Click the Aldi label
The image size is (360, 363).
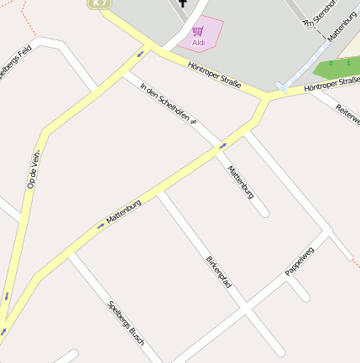click(199, 42)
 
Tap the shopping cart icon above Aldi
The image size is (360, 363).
click(198, 31)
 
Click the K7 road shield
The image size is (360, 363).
click(100, 3)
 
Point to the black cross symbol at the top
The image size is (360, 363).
click(182, 3)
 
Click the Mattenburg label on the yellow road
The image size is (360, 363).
click(123, 212)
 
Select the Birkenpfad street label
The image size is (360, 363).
click(219, 273)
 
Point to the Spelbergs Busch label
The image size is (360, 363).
click(126, 323)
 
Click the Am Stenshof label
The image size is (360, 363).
click(316, 14)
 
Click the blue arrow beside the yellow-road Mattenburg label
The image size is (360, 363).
click(101, 225)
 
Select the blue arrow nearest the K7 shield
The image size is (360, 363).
click(140, 53)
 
